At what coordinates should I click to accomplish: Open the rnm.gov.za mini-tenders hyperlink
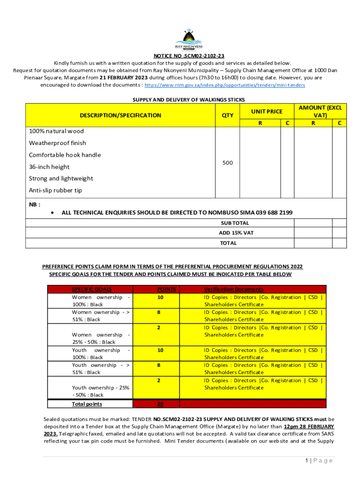(x=225, y=86)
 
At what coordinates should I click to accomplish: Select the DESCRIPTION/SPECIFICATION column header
(x=120, y=115)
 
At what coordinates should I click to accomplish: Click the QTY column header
(x=227, y=115)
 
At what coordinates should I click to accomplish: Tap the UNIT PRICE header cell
(x=266, y=111)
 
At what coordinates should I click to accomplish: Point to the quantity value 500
(x=227, y=162)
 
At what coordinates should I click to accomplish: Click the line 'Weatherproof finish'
(x=58, y=143)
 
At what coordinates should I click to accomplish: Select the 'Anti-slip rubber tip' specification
(x=55, y=190)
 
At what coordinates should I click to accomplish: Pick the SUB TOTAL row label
(x=234, y=223)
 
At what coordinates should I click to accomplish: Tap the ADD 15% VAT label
(x=236, y=233)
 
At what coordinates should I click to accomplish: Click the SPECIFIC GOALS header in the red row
(x=92, y=290)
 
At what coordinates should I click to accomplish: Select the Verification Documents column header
(x=234, y=290)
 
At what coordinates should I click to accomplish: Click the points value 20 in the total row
(x=160, y=404)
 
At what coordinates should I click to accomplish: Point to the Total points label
(x=87, y=404)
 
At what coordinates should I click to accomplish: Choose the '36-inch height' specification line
(x=49, y=167)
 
